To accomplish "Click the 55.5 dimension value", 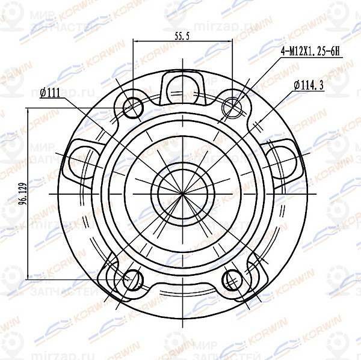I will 182,37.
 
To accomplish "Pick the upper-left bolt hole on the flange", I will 132,108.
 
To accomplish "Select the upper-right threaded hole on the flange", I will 233,108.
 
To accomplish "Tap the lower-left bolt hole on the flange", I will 132,279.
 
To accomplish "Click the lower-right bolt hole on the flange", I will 233,279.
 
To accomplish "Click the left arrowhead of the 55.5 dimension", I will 135,42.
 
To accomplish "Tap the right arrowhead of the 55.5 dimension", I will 229,42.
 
